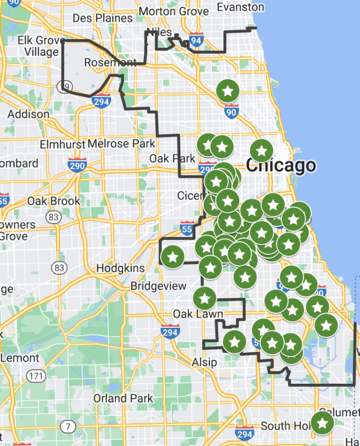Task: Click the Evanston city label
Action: click(240, 7)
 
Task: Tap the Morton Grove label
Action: click(174, 11)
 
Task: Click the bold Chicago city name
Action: click(281, 166)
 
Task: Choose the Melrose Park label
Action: click(121, 144)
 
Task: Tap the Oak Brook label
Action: click(53, 201)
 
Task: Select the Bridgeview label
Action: click(158, 286)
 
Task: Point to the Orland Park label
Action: click(123, 398)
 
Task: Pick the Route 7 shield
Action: click(68, 426)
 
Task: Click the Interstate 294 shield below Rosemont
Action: click(102, 101)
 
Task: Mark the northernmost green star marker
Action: click(228, 91)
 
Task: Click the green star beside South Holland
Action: click(322, 423)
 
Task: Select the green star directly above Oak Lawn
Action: click(205, 297)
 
